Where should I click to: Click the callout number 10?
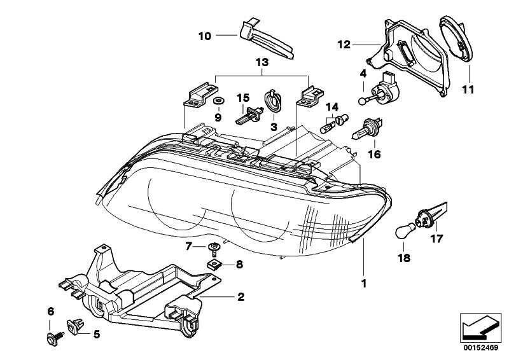pyautogui.click(x=204, y=36)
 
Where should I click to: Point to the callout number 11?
pyautogui.click(x=468, y=90)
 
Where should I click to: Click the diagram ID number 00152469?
pyautogui.click(x=481, y=348)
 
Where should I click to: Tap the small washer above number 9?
pyautogui.click(x=218, y=101)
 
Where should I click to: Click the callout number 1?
pyautogui.click(x=364, y=284)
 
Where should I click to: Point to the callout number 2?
pyautogui.click(x=241, y=296)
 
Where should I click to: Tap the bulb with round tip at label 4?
pyautogui.click(x=375, y=93)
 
